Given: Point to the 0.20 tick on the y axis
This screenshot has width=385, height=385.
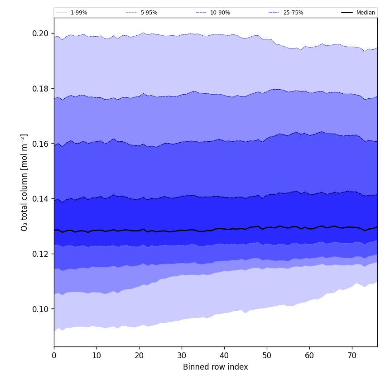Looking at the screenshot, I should coord(40,34).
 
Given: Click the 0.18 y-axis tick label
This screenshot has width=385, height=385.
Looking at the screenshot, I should coord(40,89).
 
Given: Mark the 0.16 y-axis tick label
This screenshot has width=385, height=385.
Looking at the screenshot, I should coord(40,144).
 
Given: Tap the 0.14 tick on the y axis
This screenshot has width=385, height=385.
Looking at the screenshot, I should coord(40,199).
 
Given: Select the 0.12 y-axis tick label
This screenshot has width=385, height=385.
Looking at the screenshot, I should coord(40,254).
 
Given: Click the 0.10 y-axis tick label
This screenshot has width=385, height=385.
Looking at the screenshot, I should coord(40,309).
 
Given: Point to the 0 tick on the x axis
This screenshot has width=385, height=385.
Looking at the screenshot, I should coord(54,356).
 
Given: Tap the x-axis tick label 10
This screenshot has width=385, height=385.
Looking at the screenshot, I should coord(96,356).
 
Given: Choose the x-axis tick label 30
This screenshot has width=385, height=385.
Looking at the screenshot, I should coord(182,356).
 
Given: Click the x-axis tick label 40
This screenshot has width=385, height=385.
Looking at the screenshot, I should coord(224,356).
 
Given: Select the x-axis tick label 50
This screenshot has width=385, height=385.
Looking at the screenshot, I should coord(267,356).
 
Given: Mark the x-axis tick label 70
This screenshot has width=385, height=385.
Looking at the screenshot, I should coord(352,356).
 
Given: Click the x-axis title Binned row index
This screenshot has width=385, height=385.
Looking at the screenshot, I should coord(216,367).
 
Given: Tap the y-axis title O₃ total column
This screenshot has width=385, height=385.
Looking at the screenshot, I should coord(24,182).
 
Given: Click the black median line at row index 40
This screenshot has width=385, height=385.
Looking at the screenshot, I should coord(224,229).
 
